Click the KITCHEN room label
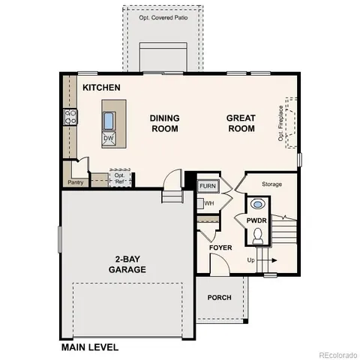[101, 88]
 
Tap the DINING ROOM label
[164, 123]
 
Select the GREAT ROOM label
[241, 123]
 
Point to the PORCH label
[220, 298]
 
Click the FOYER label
[220, 247]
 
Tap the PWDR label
[256, 220]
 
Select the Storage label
[271, 184]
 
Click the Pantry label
[75, 182]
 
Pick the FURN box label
[207, 185]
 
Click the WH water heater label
[209, 202]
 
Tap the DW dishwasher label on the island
[108, 139]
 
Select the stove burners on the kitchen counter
[70, 116]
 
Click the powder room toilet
[257, 236]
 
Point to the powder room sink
[258, 203]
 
